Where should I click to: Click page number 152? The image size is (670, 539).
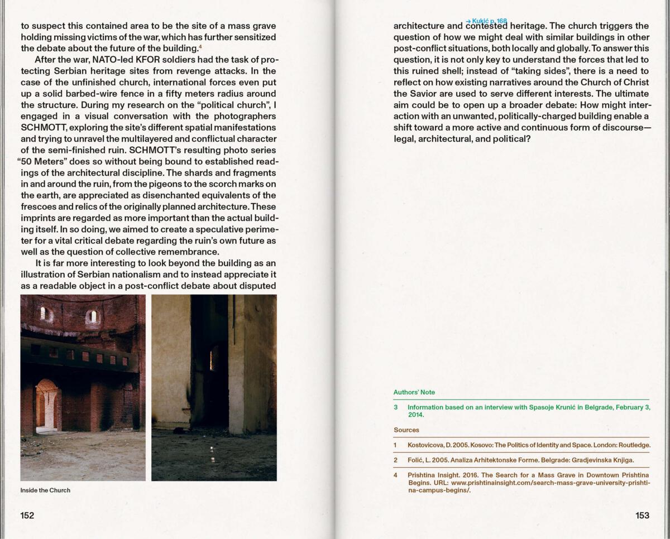pos(27,516)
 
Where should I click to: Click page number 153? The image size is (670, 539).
pos(642,516)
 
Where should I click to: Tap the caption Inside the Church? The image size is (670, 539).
pos(45,490)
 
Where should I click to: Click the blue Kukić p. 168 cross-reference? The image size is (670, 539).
pos(486,21)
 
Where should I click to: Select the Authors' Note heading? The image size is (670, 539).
pos(414,392)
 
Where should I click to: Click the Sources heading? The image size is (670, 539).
pos(406,430)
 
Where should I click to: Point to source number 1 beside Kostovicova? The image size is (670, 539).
pos(395,445)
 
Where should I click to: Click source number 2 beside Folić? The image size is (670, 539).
pos(395,460)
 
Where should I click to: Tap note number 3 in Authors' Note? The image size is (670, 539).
pos(395,407)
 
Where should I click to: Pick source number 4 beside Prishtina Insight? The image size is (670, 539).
pos(395,475)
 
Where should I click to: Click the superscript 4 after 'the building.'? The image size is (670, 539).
pos(200,46)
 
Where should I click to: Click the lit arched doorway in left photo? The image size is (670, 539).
pos(47,406)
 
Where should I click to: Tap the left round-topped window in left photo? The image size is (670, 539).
pos(44,314)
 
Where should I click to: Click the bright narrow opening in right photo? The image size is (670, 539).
pos(212,360)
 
